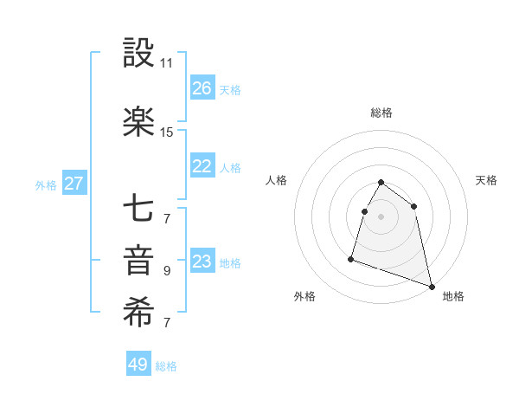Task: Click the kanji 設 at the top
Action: pyautogui.click(x=138, y=54)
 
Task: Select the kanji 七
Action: pyautogui.click(x=138, y=208)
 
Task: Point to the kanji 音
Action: pyautogui.click(x=138, y=262)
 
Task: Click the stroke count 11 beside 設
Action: pyautogui.click(x=166, y=63)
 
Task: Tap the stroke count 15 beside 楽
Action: pyautogui.click(x=166, y=132)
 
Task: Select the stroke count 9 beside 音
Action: pyautogui.click(x=166, y=271)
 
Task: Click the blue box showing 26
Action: pyautogui.click(x=202, y=88)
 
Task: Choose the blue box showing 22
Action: pyautogui.click(x=202, y=167)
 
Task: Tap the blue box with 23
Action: pyautogui.click(x=202, y=262)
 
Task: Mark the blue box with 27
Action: pyautogui.click(x=74, y=184)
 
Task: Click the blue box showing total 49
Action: pyautogui.click(x=138, y=365)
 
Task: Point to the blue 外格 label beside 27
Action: pyautogui.click(x=46, y=184)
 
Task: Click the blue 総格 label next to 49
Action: pyautogui.click(x=166, y=366)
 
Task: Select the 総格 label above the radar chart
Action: pyautogui.click(x=381, y=113)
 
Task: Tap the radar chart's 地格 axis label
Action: pyautogui.click(x=453, y=296)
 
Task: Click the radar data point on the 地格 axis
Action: pyautogui.click(x=431, y=285)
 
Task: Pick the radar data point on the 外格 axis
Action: pyautogui.click(x=351, y=258)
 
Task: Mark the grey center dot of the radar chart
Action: pyautogui.click(x=381, y=216)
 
